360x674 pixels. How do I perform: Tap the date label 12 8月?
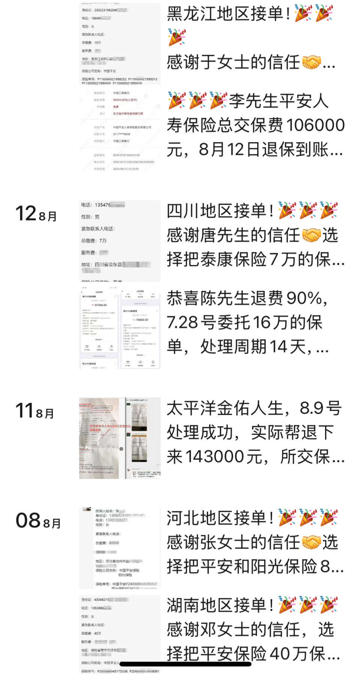[x=36, y=214]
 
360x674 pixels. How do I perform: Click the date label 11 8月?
[x=34, y=411]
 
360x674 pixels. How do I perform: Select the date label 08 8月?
[x=38, y=521]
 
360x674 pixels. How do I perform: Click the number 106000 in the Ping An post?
[x=315, y=125]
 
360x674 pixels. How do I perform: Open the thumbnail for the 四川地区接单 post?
[x=120, y=241]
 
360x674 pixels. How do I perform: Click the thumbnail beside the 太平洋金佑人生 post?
[x=120, y=438]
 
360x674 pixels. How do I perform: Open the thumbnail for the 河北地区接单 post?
[x=120, y=548]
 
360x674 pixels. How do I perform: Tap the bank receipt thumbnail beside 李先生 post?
[x=120, y=131]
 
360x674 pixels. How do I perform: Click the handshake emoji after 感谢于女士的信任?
[x=312, y=62]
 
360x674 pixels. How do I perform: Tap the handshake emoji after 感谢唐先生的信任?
[x=312, y=235]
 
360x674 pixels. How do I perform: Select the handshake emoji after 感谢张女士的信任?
[x=312, y=542]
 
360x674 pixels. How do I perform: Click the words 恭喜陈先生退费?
[x=225, y=298]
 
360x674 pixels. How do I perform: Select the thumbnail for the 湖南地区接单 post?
[x=120, y=634]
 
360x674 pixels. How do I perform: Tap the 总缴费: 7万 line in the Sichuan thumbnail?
[x=94, y=241]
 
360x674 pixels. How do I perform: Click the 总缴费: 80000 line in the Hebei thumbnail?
[x=107, y=543]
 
